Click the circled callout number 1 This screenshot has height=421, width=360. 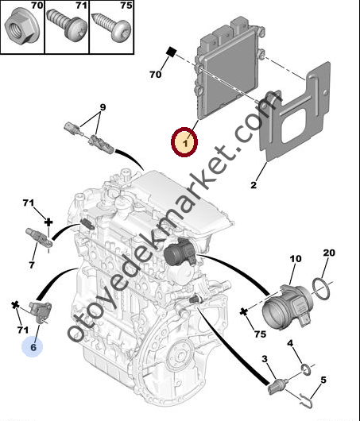click(185, 143)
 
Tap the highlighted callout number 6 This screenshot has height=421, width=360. click(33, 347)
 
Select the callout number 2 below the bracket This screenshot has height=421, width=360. click(254, 185)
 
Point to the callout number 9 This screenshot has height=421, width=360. click(103, 107)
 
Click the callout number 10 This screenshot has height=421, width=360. click(296, 259)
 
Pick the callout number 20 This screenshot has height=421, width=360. click(329, 253)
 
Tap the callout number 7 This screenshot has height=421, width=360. click(32, 265)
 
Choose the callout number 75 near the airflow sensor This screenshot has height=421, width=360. click(260, 334)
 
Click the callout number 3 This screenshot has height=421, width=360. click(265, 359)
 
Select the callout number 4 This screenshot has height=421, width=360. click(290, 343)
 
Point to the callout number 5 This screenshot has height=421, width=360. click(323, 380)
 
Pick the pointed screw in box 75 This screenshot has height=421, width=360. click(111, 27)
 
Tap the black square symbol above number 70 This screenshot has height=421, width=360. click(171, 52)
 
